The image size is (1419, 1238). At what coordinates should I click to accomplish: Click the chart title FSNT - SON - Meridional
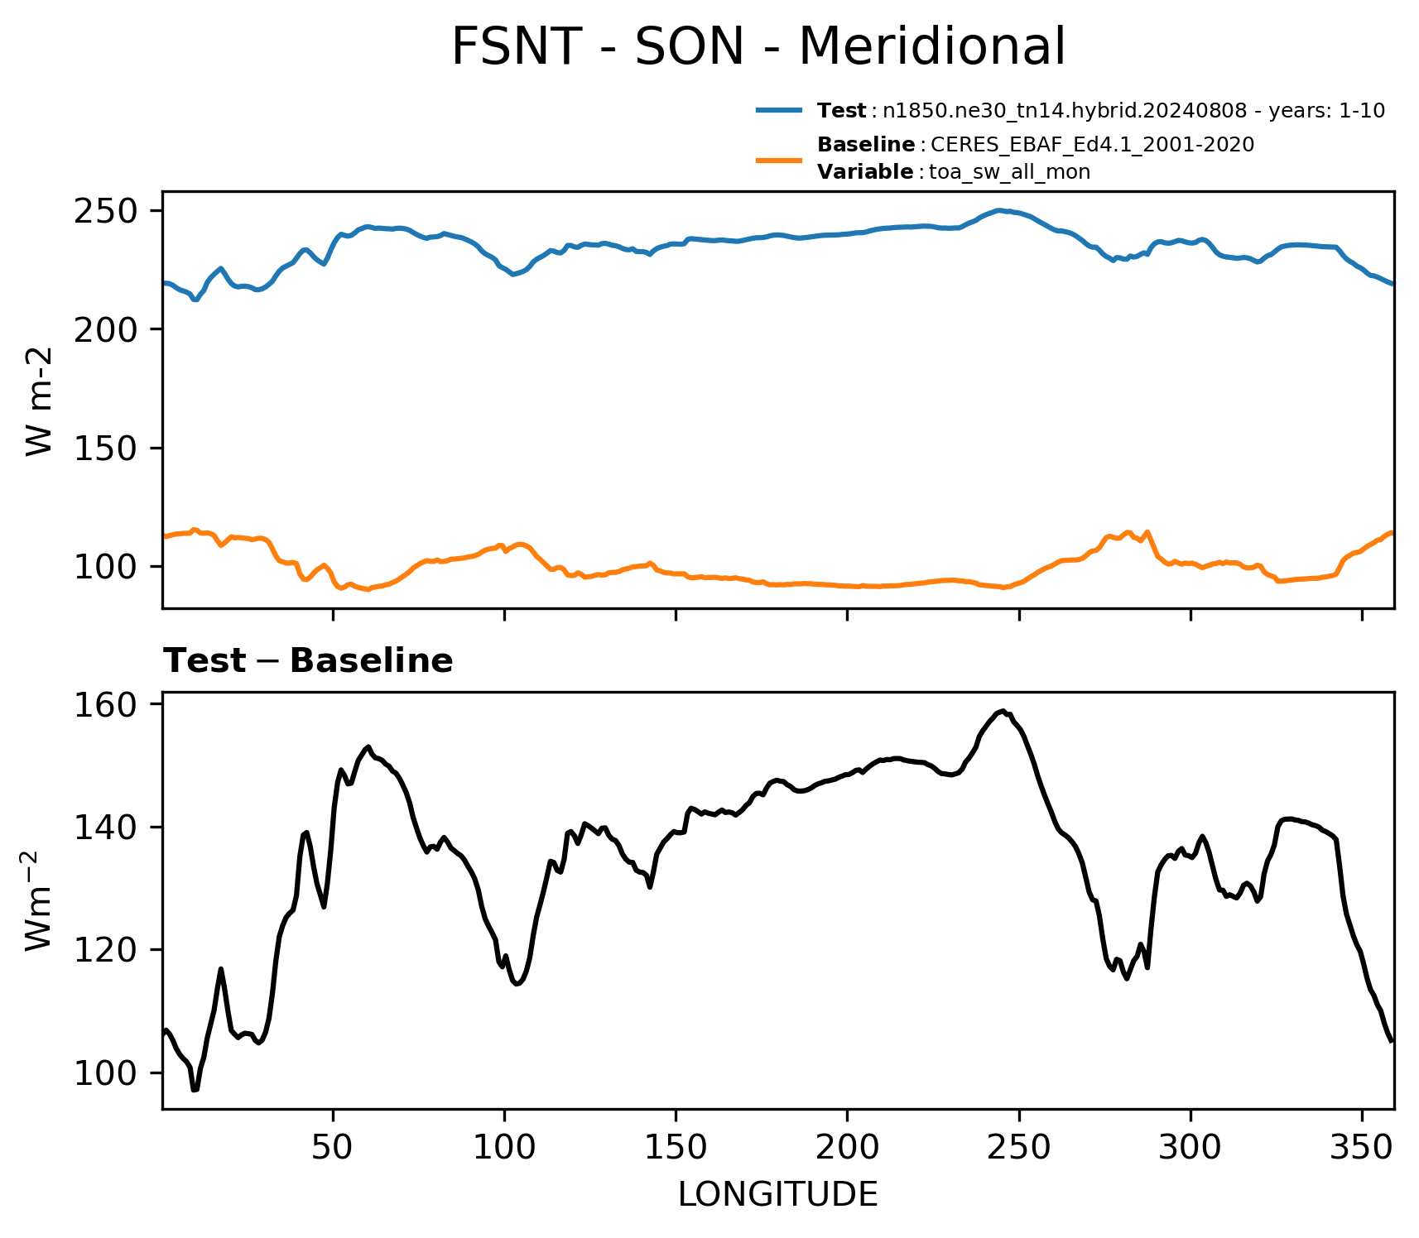758,46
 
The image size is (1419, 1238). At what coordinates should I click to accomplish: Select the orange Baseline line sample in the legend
779,159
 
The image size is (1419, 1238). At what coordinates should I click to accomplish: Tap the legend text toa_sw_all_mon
1009,172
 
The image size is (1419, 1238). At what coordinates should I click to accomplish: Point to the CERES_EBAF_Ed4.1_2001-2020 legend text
1093,145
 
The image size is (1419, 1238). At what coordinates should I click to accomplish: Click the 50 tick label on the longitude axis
333,1148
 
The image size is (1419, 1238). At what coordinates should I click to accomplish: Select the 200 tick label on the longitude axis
847,1148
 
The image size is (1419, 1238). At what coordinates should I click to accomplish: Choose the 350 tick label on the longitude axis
1362,1148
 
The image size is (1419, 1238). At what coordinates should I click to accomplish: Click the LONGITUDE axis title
778,1195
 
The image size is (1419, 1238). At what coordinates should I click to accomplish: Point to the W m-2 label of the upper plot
39,401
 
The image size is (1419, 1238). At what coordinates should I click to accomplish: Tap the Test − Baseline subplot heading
308,661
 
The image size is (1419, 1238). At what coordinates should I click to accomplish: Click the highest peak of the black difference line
1003,710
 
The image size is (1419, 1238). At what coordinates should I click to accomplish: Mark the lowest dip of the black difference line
195,1090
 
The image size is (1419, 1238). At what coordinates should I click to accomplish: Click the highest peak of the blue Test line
999,210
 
